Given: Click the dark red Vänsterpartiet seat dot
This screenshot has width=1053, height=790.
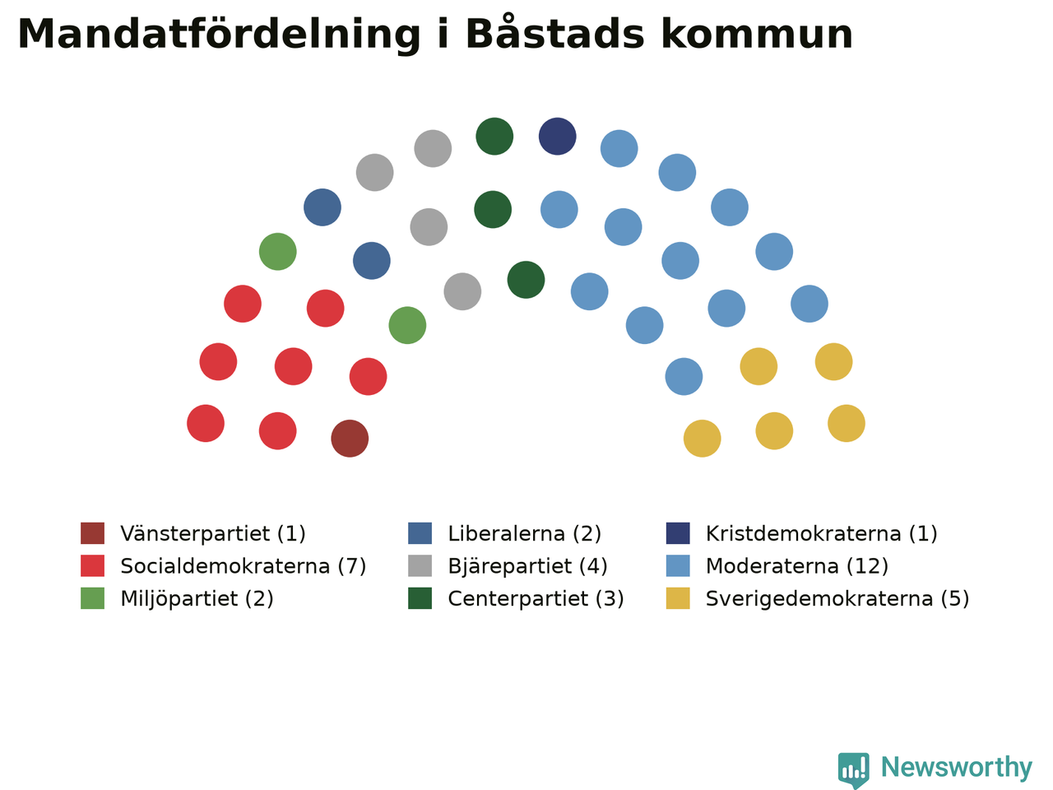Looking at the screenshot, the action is click(350, 439).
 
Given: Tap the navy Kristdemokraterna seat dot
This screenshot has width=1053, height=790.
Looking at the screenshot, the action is click(558, 137).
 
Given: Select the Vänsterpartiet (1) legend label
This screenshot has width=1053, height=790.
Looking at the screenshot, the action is click(213, 533).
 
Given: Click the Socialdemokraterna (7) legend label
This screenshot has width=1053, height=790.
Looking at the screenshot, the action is click(244, 566).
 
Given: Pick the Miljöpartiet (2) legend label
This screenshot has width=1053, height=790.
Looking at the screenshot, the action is click(197, 598).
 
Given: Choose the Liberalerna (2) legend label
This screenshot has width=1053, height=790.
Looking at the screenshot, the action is click(524, 533).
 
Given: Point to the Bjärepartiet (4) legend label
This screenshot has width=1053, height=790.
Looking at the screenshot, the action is click(527, 566).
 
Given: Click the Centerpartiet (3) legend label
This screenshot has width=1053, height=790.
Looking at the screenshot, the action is click(536, 598).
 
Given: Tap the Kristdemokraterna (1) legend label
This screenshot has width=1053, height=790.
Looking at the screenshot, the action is click(821, 533).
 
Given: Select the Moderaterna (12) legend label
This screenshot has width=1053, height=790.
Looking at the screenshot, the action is click(797, 566).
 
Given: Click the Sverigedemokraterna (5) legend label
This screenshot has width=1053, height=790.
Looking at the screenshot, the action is click(837, 598).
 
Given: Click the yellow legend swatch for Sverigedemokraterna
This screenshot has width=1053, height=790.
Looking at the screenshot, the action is click(678, 598).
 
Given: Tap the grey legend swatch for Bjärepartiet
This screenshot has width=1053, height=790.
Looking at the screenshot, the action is click(420, 565).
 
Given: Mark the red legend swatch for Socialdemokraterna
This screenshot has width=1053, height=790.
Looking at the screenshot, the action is click(93, 565).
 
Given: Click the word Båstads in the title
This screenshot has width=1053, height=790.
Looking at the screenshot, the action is click(555, 33).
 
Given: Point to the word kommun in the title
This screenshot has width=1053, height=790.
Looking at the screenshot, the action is click(757, 35).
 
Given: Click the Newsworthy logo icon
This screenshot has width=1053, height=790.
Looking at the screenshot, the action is click(853, 770).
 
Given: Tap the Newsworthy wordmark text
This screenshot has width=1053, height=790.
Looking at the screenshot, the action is click(957, 768).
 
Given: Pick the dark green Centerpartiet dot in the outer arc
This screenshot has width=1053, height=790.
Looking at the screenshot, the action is click(494, 137).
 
